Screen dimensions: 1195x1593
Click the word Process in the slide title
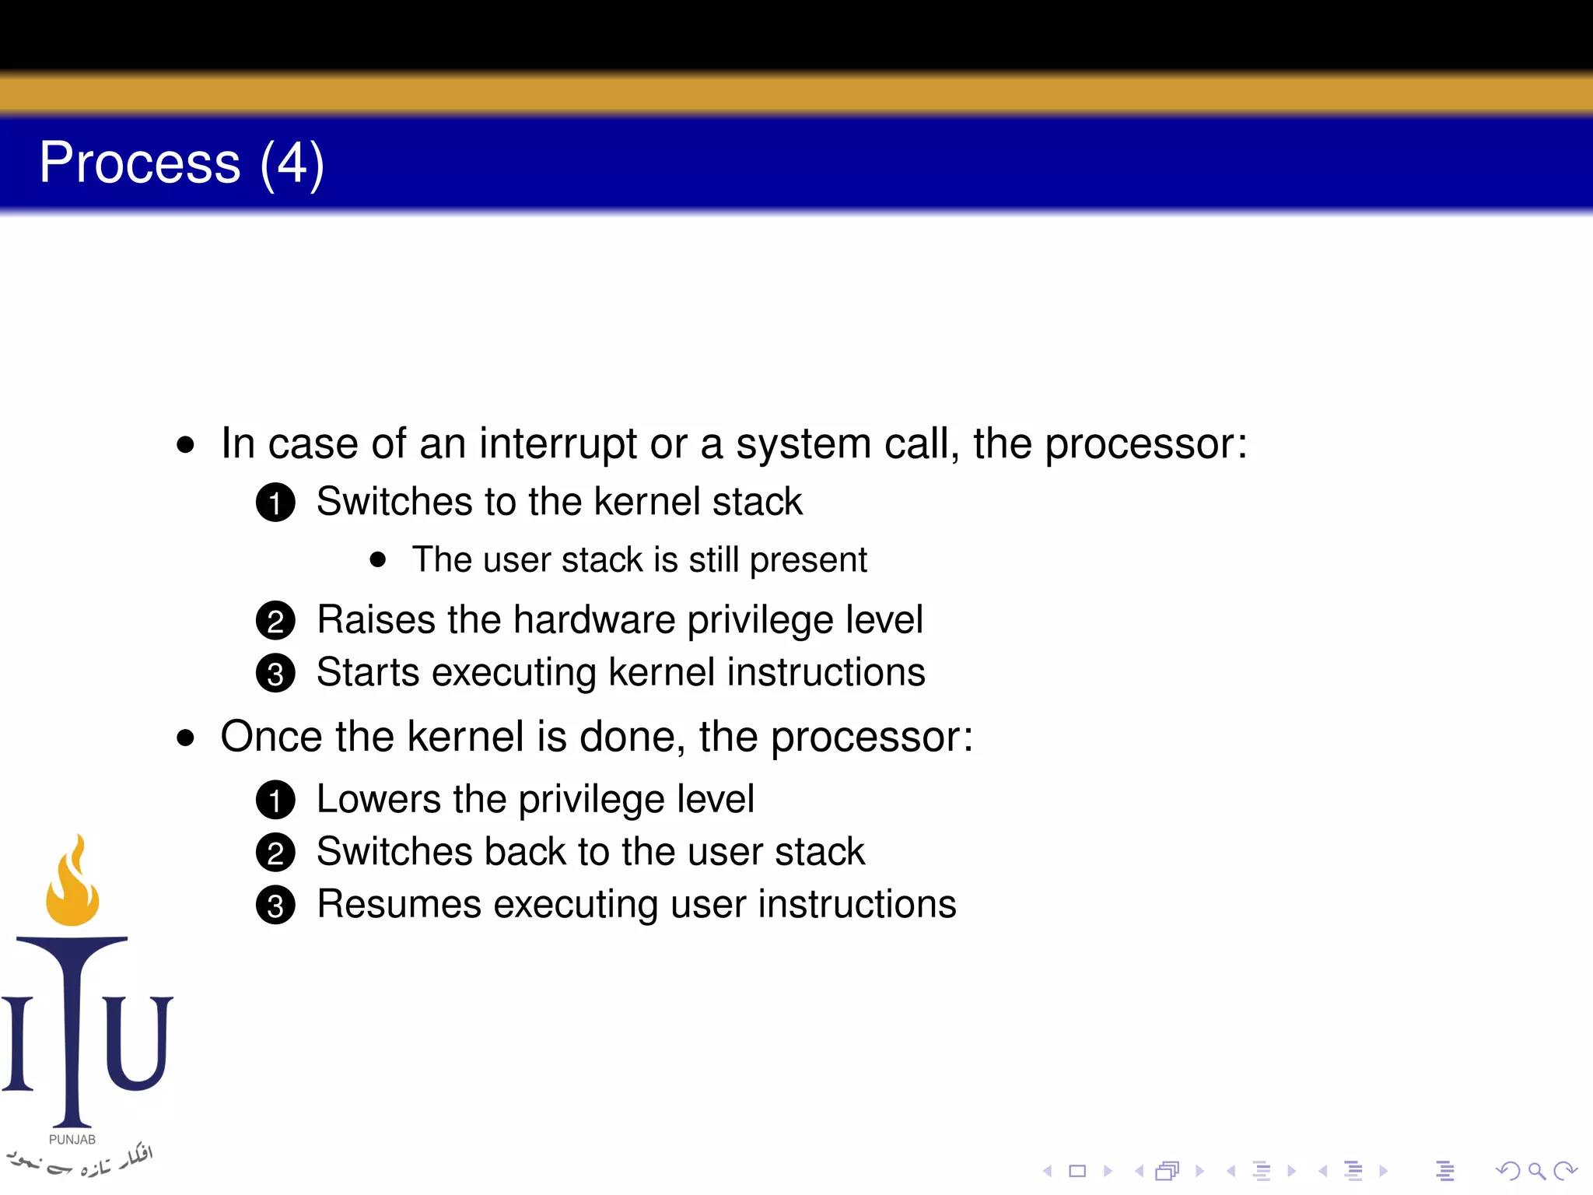click(x=140, y=163)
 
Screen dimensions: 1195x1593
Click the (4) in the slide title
click(x=292, y=165)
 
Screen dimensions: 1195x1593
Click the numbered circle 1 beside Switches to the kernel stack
click(x=275, y=503)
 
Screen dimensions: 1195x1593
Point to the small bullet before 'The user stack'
click(x=378, y=559)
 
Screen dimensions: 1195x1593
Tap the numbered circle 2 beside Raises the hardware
click(x=275, y=621)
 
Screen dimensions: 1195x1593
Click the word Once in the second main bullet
click(x=271, y=737)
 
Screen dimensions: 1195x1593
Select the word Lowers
click(x=379, y=800)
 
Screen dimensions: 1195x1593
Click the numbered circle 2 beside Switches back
click(x=275, y=853)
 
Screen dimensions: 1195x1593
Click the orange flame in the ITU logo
click(x=72, y=887)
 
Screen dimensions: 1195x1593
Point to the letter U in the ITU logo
click(x=137, y=1043)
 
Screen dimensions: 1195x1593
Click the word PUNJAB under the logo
click(x=72, y=1140)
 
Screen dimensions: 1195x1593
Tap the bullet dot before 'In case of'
click(x=185, y=445)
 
